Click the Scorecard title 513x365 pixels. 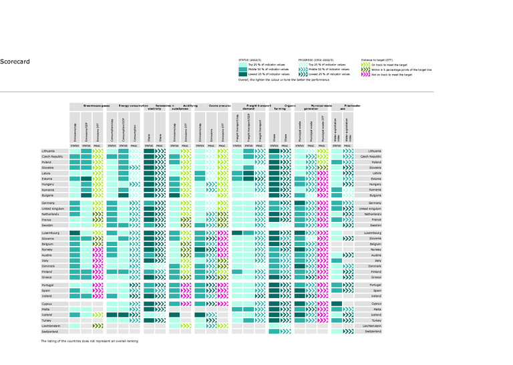coord(15,62)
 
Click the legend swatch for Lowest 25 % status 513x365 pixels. coord(242,74)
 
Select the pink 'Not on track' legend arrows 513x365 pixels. coord(366,75)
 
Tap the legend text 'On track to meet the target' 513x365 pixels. coord(391,65)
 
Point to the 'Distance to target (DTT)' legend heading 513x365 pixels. coord(383,59)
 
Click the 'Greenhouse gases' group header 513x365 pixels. coord(97,106)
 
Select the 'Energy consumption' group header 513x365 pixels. coord(134,106)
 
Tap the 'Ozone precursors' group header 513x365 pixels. coord(220,106)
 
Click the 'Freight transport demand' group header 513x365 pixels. coord(256,107)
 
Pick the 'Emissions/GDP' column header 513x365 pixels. coord(86,128)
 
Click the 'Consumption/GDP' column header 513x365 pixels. coord(124,128)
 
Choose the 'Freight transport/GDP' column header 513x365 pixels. coord(248,128)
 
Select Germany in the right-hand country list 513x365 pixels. coord(374,203)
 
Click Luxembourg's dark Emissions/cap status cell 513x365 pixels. coord(75,233)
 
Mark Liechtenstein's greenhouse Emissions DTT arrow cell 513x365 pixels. coord(98,326)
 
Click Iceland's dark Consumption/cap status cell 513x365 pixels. coord(112,314)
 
